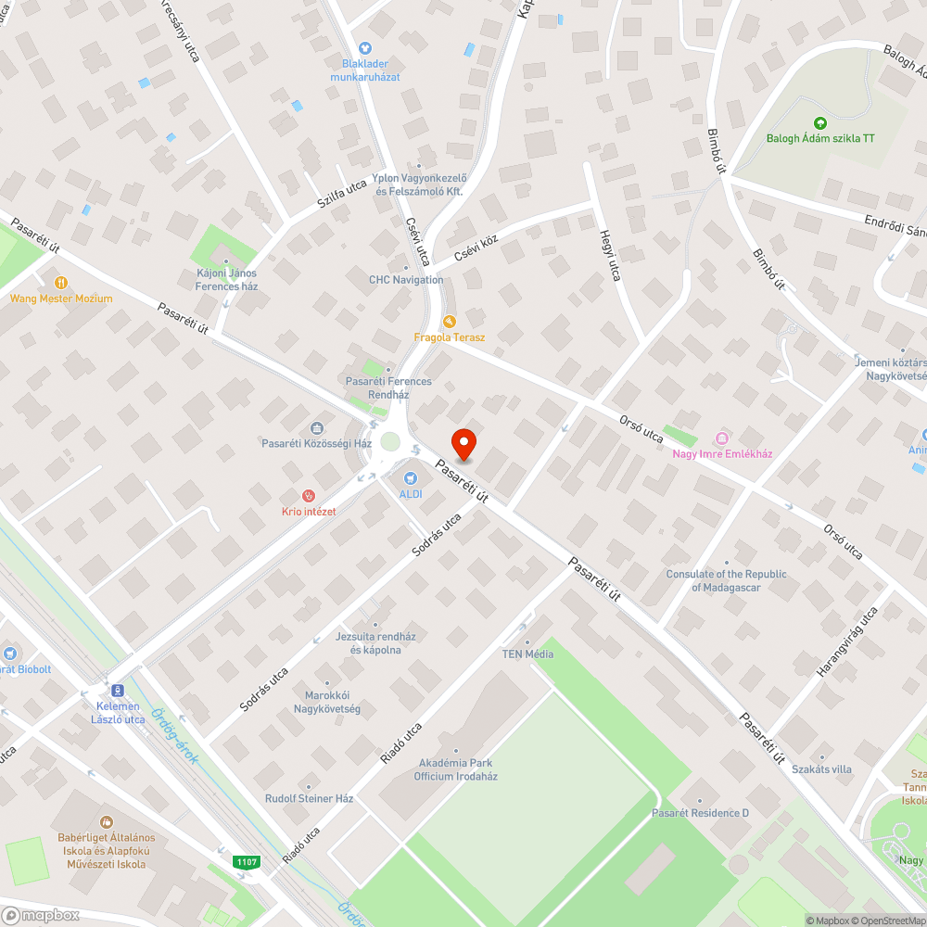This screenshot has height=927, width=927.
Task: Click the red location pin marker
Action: point(463,444)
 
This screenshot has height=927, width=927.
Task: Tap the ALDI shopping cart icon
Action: point(410,477)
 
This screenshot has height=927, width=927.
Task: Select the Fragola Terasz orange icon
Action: point(450,321)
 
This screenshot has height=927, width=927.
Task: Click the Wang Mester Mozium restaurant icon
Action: point(61,283)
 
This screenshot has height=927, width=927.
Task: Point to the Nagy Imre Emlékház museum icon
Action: point(722,438)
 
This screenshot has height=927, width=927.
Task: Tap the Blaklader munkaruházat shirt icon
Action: point(365,47)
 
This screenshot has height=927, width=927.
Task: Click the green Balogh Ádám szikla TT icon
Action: point(819,122)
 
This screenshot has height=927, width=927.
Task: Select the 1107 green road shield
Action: point(247,862)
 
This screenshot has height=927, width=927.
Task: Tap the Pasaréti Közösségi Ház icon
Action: point(316,427)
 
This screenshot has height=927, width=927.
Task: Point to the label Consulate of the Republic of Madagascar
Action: point(726,580)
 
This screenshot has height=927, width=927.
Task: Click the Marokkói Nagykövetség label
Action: point(332,702)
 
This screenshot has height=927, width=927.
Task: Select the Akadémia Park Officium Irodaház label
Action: point(455,769)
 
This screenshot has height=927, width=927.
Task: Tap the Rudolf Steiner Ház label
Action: point(309,798)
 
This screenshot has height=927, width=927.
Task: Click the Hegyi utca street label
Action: point(610,255)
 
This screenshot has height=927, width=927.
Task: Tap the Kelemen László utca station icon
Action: point(118,691)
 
